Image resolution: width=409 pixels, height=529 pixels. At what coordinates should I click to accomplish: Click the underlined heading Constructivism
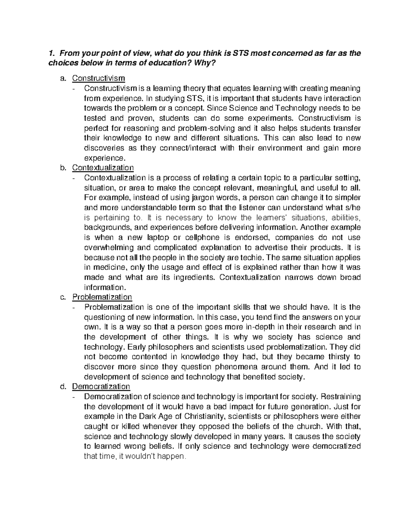(99, 78)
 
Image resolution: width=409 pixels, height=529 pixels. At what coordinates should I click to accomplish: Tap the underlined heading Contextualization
(103, 168)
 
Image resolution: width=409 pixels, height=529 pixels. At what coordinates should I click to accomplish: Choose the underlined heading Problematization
(102, 297)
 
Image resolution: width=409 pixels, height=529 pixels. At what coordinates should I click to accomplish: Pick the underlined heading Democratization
(101, 386)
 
